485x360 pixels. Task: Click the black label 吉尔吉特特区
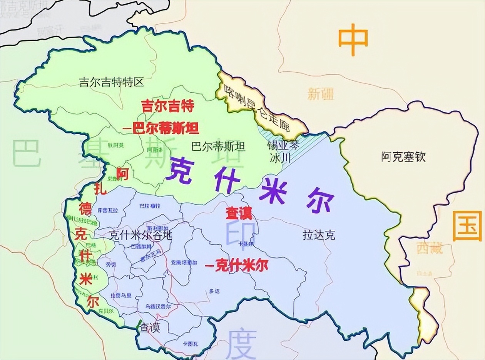pyautogui.click(x=112, y=82)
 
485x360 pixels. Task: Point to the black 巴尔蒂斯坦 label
pyautogui.click(x=218, y=147)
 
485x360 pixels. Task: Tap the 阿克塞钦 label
pyautogui.click(x=403, y=157)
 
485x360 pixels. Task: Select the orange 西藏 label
pyautogui.click(x=430, y=248)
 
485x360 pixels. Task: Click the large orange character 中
pyautogui.click(x=353, y=40)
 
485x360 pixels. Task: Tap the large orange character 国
pyautogui.click(x=467, y=226)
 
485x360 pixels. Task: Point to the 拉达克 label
pyautogui.click(x=319, y=235)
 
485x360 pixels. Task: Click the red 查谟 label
pyautogui.click(x=239, y=213)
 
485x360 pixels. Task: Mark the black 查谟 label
pyautogui.click(x=149, y=328)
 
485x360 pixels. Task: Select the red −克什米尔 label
pyautogui.click(x=236, y=266)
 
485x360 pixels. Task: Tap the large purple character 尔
pyautogui.click(x=320, y=202)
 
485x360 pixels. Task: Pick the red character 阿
pyautogui.click(x=122, y=174)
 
